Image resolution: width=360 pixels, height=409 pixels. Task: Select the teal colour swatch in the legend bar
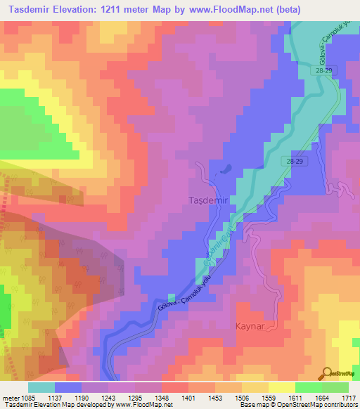(41, 387)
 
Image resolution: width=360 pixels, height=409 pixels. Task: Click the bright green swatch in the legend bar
(308, 387)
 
